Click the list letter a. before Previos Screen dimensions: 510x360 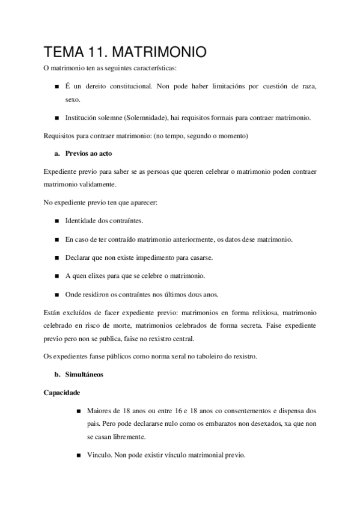click(58, 155)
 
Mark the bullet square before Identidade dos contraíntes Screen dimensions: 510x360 click(56, 222)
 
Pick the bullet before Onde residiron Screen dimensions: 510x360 click(56, 295)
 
